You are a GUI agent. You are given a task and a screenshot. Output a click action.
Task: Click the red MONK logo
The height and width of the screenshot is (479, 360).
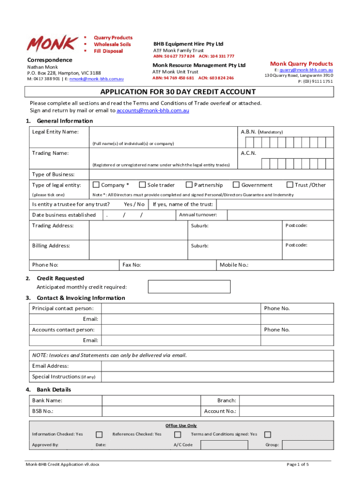pyautogui.click(x=52, y=44)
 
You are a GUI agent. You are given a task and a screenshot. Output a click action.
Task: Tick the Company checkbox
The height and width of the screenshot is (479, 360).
pyautogui.click(x=96, y=185)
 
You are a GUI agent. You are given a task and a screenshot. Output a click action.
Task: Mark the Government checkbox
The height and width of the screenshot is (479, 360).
pyautogui.click(x=236, y=185)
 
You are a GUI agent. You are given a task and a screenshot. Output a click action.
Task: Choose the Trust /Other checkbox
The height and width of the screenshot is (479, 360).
pyautogui.click(x=289, y=185)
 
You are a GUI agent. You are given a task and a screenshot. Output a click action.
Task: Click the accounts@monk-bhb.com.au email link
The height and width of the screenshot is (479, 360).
pyautogui.click(x=153, y=111)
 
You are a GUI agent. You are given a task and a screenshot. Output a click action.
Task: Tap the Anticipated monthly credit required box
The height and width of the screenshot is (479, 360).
pyautogui.click(x=189, y=287)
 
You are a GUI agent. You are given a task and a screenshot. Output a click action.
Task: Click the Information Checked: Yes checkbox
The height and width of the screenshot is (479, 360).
pyautogui.click(x=99, y=435)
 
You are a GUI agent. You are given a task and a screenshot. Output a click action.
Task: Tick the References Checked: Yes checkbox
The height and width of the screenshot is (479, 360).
pyautogui.click(x=178, y=435)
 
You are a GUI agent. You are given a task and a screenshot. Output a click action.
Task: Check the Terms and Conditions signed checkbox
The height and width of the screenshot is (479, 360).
pyautogui.click(x=268, y=435)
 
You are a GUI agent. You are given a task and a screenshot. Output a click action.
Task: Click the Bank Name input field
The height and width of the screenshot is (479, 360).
pyautogui.click(x=151, y=401)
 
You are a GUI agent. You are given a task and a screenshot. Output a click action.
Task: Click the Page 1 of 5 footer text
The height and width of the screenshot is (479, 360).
pyautogui.click(x=297, y=464)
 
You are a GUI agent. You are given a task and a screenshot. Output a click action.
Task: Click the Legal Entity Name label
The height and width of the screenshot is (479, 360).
pyautogui.click(x=55, y=132)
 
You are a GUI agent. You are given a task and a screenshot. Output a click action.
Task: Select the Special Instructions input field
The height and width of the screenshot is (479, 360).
pyautogui.click(x=217, y=377)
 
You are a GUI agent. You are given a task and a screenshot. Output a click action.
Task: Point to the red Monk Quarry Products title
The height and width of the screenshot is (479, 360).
pyautogui.click(x=302, y=64)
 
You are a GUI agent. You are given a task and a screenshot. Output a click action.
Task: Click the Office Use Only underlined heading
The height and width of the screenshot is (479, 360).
pyautogui.click(x=181, y=426)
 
